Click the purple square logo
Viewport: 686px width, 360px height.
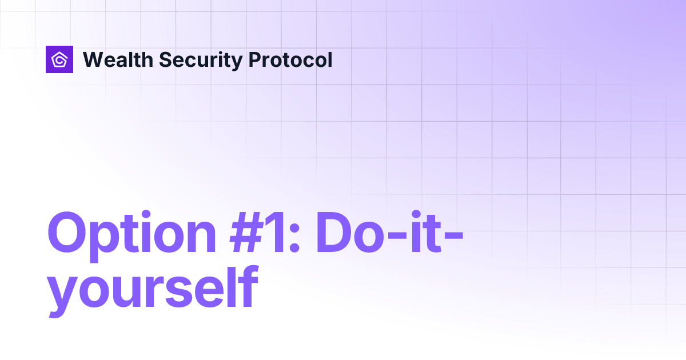click(x=59, y=59)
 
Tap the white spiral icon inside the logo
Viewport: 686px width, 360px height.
click(x=59, y=59)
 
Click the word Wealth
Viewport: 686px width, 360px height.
click(x=118, y=59)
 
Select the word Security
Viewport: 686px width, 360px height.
click(x=201, y=61)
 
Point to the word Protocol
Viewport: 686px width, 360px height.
click(x=290, y=59)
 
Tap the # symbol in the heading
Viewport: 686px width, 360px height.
click(x=247, y=233)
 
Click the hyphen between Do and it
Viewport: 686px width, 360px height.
click(x=397, y=236)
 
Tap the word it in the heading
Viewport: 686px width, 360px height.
click(x=426, y=231)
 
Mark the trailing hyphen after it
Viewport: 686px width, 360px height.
click(x=453, y=236)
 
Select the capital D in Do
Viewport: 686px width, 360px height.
click(x=334, y=233)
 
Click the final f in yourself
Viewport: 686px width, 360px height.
click(x=248, y=286)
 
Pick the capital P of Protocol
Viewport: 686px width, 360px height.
click(x=256, y=59)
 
